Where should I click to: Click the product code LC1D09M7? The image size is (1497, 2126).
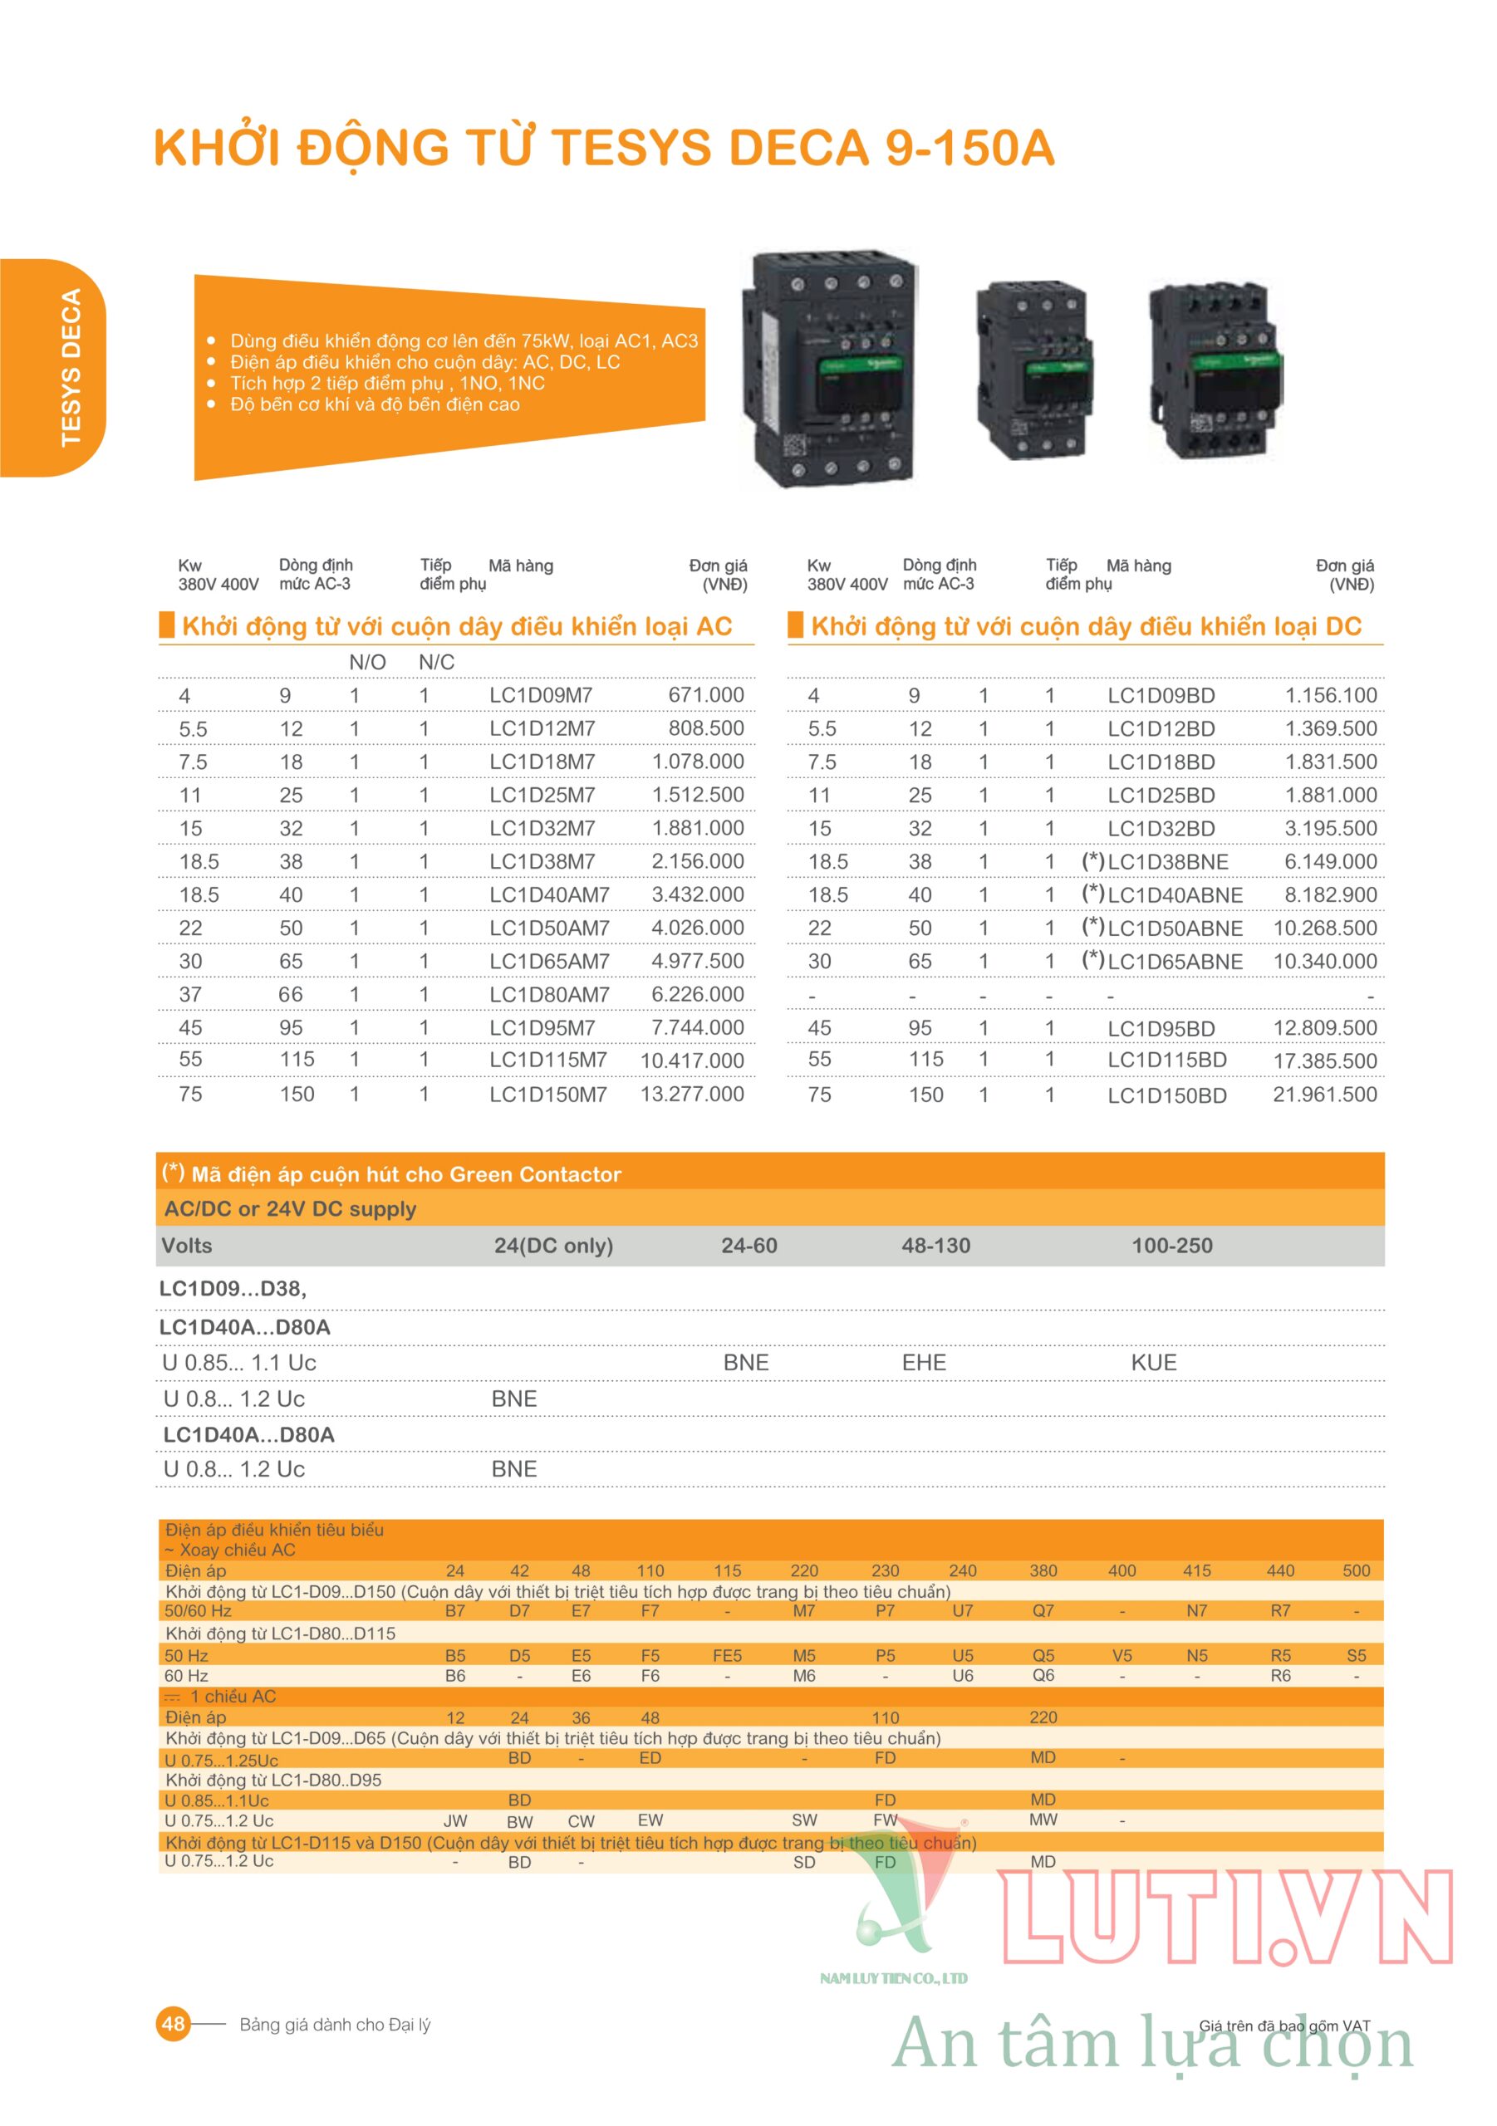click(x=541, y=695)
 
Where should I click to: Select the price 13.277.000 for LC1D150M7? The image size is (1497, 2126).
click(x=692, y=1094)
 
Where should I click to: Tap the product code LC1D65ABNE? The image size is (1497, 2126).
click(x=1175, y=961)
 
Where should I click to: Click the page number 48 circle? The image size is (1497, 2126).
click(x=174, y=2023)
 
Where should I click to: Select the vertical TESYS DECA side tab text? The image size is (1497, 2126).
click(x=71, y=368)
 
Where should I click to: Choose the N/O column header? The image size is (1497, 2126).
click(x=367, y=662)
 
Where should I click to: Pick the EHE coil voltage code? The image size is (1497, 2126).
click(x=924, y=1362)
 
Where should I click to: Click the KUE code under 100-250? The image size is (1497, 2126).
click(x=1153, y=1362)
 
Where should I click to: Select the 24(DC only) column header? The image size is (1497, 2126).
click(x=553, y=1246)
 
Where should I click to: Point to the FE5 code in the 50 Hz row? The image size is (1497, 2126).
click(x=727, y=1654)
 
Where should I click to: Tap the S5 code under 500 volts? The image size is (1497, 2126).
click(x=1357, y=1654)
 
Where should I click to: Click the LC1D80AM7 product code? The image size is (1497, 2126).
click(x=549, y=994)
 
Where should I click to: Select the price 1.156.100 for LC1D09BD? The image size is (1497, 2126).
click(x=1330, y=695)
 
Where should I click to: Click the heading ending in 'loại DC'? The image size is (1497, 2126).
click(x=1086, y=627)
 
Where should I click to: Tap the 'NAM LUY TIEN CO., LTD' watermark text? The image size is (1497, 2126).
click(x=893, y=1979)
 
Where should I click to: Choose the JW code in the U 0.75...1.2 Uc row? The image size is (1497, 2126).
click(x=455, y=1820)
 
